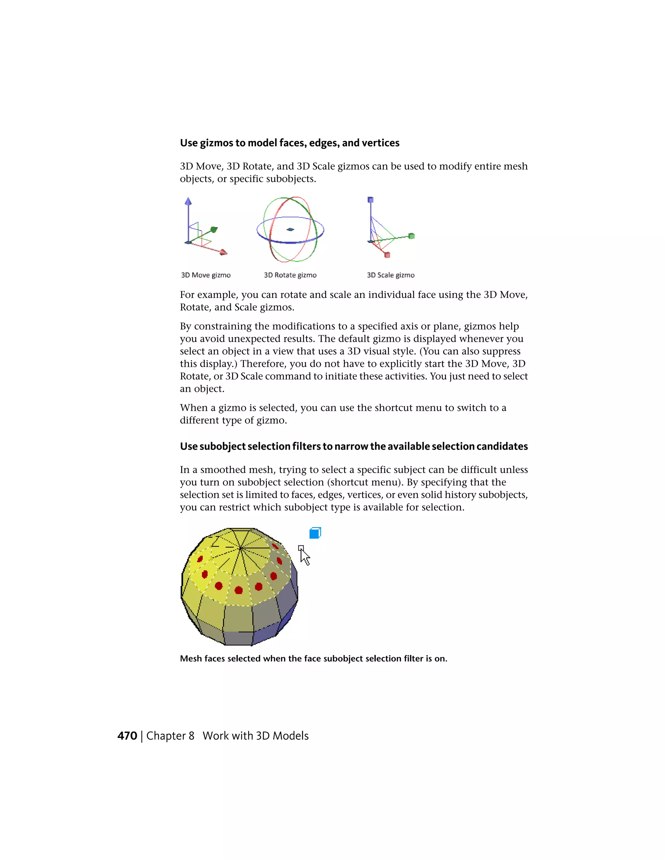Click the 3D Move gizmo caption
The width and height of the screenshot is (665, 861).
pyautogui.click(x=206, y=275)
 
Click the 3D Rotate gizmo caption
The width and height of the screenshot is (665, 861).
pyautogui.click(x=290, y=275)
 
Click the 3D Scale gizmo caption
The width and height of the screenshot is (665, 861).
pyautogui.click(x=390, y=275)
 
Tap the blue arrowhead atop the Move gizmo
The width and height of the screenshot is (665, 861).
pyautogui.click(x=188, y=201)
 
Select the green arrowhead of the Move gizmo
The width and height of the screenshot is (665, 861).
pyautogui.click(x=214, y=229)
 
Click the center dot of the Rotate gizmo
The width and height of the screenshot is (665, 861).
pyautogui.click(x=290, y=229)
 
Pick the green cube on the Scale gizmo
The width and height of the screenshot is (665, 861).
pyautogui.click(x=412, y=236)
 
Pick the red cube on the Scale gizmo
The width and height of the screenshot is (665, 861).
pyautogui.click(x=387, y=255)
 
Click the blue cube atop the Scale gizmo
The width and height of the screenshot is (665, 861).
pyautogui.click(x=370, y=200)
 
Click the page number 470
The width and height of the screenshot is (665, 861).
pyautogui.click(x=127, y=736)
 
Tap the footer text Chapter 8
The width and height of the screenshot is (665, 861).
pyautogui.click(x=170, y=736)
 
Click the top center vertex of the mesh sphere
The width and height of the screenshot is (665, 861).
pyautogui.click(x=240, y=548)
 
